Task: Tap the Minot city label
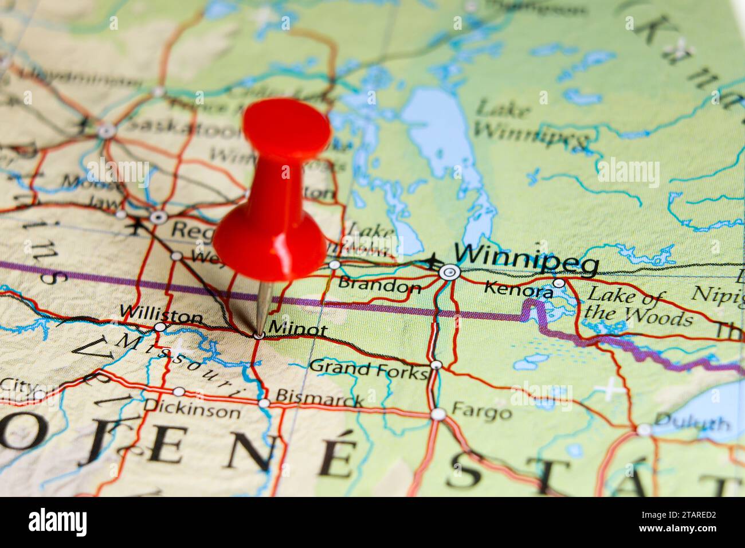297,330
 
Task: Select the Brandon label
379,285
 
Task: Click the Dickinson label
192,410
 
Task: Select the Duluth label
692,424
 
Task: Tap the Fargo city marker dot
438,414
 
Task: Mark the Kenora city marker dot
559,283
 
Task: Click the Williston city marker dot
160,327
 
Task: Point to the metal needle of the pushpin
263,307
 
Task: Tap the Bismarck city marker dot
264,403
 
